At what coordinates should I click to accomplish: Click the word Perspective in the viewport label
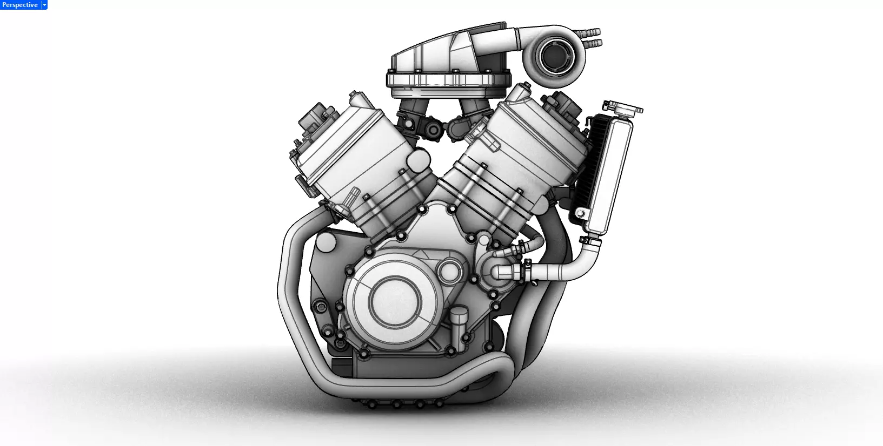point(20,5)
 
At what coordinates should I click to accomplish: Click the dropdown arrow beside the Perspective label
point(44,5)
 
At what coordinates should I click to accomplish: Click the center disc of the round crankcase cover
point(394,299)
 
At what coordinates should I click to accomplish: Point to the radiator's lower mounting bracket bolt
point(580,214)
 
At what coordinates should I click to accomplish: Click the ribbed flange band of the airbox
point(449,80)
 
